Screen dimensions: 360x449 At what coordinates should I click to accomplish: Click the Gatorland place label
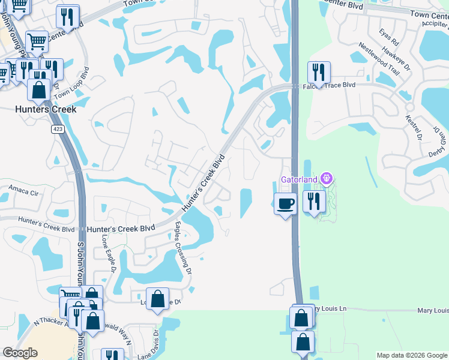[300, 179]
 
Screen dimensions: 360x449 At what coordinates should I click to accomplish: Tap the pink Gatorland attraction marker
[327, 178]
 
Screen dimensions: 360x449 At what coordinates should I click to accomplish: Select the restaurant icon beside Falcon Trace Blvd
[319, 73]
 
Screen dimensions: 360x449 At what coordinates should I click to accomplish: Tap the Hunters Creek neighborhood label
[46, 110]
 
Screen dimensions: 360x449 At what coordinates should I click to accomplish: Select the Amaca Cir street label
[23, 193]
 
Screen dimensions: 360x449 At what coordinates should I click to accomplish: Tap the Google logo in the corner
[20, 353]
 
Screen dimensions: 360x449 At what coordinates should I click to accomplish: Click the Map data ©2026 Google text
[412, 355]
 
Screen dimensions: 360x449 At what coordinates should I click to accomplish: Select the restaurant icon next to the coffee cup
[313, 201]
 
